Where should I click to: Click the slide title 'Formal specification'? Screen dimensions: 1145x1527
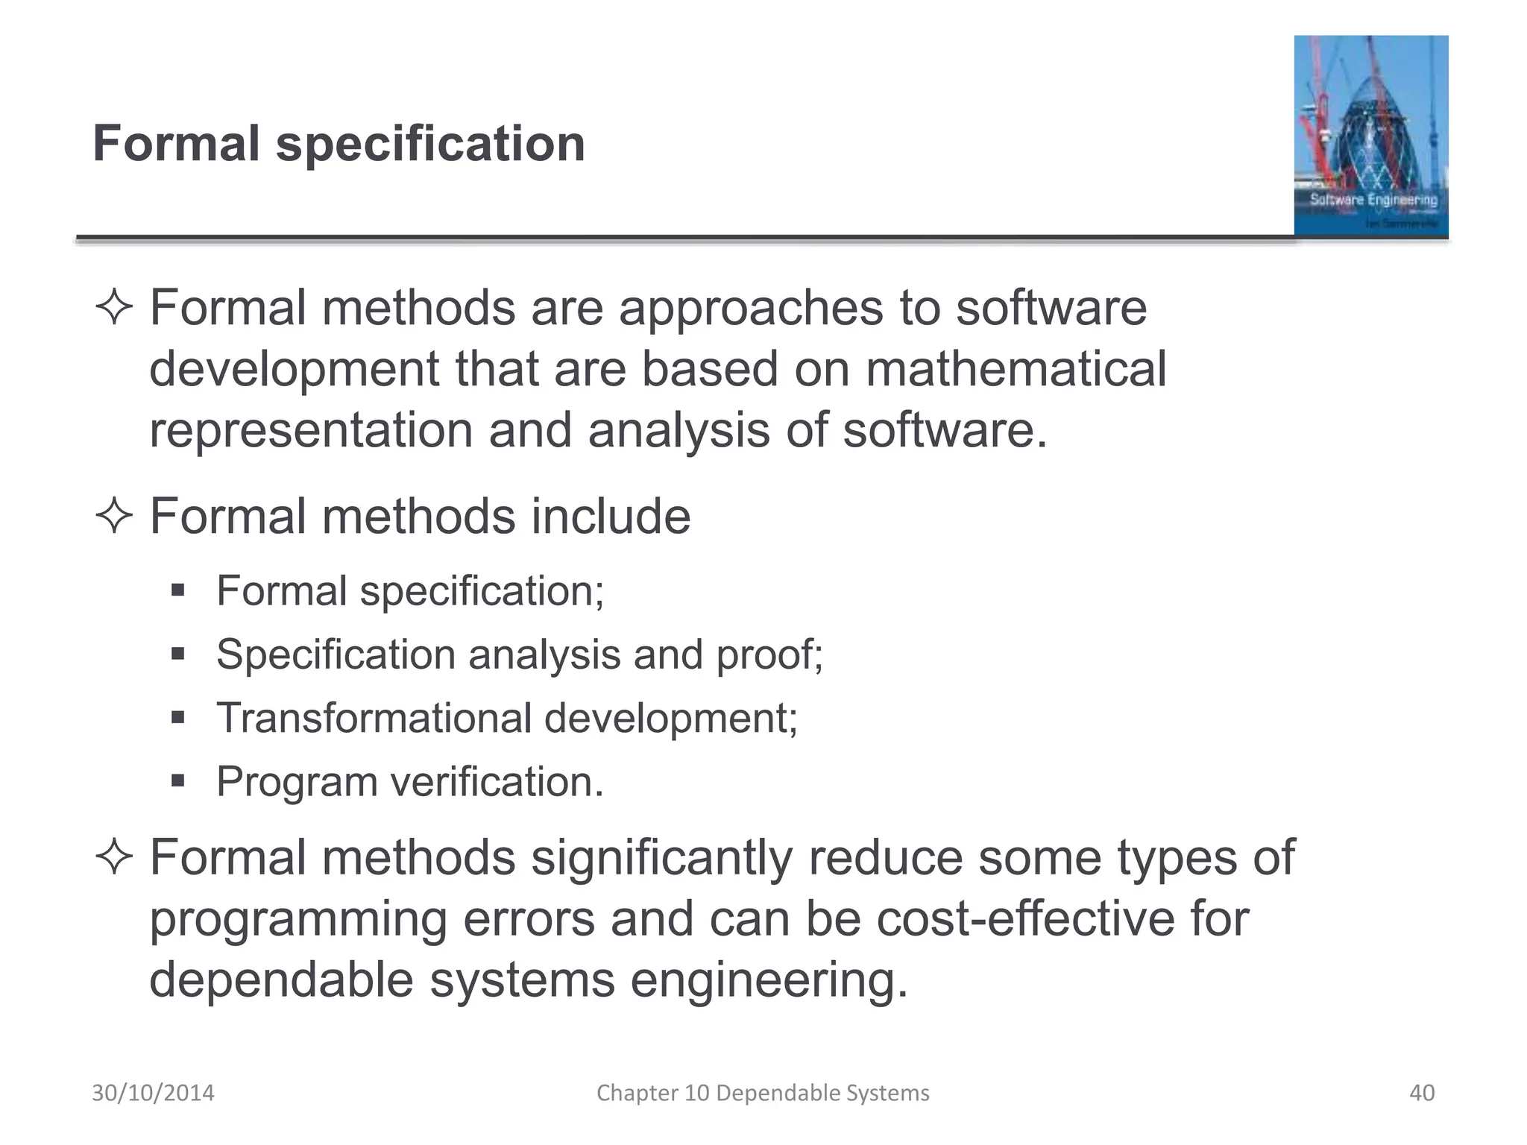click(339, 143)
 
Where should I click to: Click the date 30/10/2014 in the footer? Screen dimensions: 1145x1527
click(153, 1093)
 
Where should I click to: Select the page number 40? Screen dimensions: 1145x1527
click(1422, 1093)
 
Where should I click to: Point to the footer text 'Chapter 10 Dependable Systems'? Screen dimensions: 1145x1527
click(763, 1093)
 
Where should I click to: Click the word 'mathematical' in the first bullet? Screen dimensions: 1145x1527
click(1016, 369)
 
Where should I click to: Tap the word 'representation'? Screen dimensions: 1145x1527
click(311, 431)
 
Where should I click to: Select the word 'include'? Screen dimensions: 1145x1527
click(611, 516)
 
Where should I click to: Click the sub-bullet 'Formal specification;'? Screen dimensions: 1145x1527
click(410, 590)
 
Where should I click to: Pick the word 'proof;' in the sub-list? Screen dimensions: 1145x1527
click(769, 654)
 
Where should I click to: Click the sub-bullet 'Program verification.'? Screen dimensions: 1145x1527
click(410, 781)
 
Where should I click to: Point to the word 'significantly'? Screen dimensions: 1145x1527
click(662, 857)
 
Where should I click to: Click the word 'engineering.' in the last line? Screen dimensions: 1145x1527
click(769, 980)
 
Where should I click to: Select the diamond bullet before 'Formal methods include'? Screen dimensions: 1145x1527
click(114, 517)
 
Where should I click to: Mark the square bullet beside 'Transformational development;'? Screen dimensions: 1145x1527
click(177, 718)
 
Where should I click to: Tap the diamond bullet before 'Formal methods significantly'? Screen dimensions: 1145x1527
click(114, 858)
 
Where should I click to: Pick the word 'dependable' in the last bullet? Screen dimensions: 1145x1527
click(281, 980)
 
